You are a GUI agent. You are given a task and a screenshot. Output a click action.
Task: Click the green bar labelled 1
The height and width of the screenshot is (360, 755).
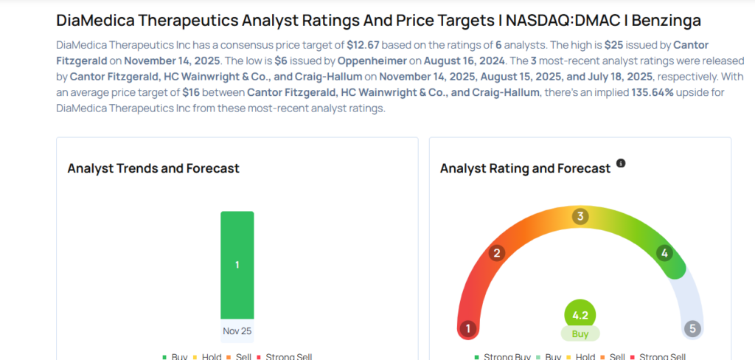pos(237,265)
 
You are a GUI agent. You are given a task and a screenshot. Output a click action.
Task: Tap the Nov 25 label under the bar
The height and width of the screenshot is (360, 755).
pos(237,331)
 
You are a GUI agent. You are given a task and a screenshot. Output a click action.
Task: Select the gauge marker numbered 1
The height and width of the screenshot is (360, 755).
pos(467,328)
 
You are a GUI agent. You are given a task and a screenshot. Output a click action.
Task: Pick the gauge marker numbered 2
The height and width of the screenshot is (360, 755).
pos(497,254)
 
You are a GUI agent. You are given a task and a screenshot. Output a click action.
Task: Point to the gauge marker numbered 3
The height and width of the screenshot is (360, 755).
pos(580,216)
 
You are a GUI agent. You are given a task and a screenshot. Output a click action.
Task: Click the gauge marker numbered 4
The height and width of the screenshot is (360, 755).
pos(664,254)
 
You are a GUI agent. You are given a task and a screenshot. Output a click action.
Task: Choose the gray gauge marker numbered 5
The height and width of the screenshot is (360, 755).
pos(692,328)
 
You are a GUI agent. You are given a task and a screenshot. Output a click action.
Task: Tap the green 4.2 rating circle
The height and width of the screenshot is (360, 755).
pos(580,316)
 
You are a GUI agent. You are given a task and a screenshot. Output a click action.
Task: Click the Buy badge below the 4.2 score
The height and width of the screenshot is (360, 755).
pos(580,333)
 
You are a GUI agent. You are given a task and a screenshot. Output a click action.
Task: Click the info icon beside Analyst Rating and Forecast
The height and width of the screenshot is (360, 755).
pos(621,163)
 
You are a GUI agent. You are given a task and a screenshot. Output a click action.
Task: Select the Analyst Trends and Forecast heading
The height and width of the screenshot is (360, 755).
pos(153,168)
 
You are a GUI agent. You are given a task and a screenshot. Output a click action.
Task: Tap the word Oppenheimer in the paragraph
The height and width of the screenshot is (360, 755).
pos(372,60)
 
